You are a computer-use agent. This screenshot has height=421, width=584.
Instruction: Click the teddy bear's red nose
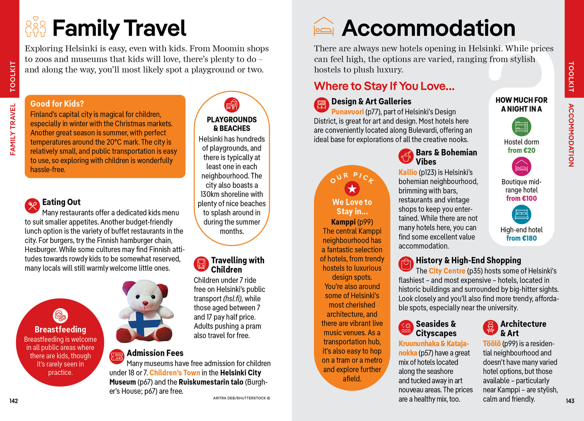click(145, 303)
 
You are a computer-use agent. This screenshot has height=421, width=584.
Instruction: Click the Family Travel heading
click(119, 28)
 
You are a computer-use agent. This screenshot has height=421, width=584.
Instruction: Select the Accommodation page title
click(428, 28)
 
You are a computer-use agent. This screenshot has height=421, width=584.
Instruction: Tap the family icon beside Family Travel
click(35, 27)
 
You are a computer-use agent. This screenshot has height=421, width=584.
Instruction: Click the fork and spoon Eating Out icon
click(32, 205)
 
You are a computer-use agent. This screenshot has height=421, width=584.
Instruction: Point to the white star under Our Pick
click(352, 189)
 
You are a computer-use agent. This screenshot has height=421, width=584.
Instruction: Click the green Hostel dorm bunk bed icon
click(521, 127)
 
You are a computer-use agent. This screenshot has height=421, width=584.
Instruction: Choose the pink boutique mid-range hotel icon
click(521, 167)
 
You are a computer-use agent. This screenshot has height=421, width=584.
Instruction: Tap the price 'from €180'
click(521, 238)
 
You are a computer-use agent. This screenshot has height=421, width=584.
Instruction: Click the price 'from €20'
click(521, 150)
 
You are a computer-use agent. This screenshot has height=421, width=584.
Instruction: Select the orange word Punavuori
click(347, 112)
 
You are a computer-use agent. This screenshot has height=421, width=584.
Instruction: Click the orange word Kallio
click(408, 172)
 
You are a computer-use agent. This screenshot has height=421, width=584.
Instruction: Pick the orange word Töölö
click(491, 344)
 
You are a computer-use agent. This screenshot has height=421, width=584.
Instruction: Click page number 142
click(14, 401)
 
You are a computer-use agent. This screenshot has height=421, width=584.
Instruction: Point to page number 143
click(570, 401)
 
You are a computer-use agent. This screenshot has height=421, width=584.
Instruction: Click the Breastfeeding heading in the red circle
click(60, 330)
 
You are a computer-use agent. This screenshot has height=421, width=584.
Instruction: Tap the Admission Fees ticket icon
click(116, 356)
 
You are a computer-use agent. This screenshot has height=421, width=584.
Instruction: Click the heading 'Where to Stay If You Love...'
click(384, 86)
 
